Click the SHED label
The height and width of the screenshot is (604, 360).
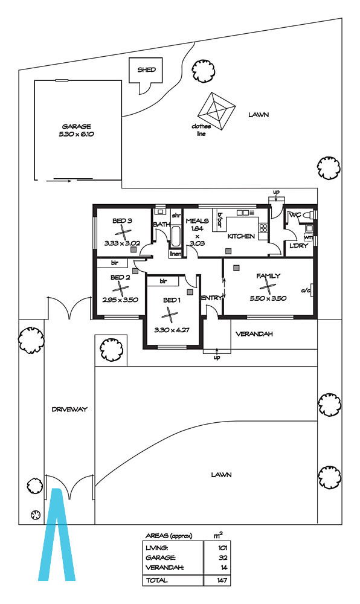[147, 69]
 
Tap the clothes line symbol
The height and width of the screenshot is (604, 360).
[216, 112]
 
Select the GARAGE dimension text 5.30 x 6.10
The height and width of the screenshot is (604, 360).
[76, 135]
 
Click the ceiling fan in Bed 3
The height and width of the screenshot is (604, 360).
[123, 233]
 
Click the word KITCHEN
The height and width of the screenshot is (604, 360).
[241, 236]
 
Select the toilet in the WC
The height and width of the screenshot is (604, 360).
[308, 216]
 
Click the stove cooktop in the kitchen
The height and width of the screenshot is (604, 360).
[263, 228]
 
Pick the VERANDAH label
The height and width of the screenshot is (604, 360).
[254, 334]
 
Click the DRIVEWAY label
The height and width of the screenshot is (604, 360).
[69, 410]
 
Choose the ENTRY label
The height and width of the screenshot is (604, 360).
[211, 298]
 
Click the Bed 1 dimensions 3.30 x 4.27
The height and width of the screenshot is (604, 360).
[172, 330]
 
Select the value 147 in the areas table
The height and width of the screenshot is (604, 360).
[222, 580]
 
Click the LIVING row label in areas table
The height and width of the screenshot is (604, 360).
[156, 548]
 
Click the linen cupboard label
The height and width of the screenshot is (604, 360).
[176, 254]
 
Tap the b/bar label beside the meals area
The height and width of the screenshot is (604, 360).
[220, 219]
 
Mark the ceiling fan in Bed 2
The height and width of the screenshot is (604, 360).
[120, 289]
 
